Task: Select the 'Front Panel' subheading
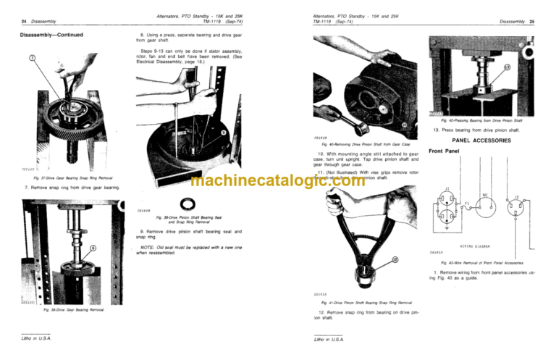445,152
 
